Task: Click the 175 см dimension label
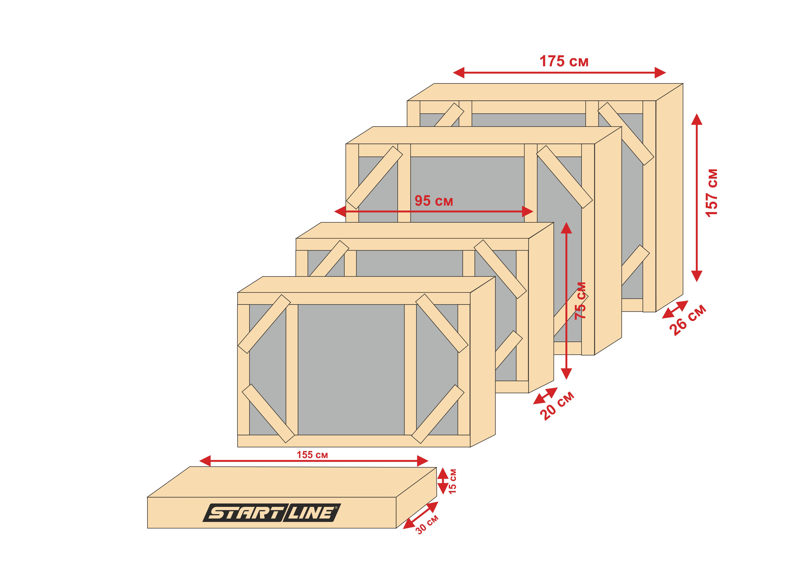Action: click(x=564, y=61)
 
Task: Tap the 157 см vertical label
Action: click(x=712, y=193)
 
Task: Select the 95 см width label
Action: click(x=434, y=201)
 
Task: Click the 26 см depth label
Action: click(x=688, y=320)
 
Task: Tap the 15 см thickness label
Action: click(x=452, y=481)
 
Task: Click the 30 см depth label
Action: click(x=427, y=525)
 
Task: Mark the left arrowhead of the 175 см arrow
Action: click(x=459, y=73)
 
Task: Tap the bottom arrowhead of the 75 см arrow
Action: click(x=567, y=374)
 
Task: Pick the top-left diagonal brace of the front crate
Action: click(x=264, y=324)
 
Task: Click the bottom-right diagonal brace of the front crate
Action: click(x=438, y=414)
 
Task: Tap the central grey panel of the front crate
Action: click(x=351, y=370)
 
